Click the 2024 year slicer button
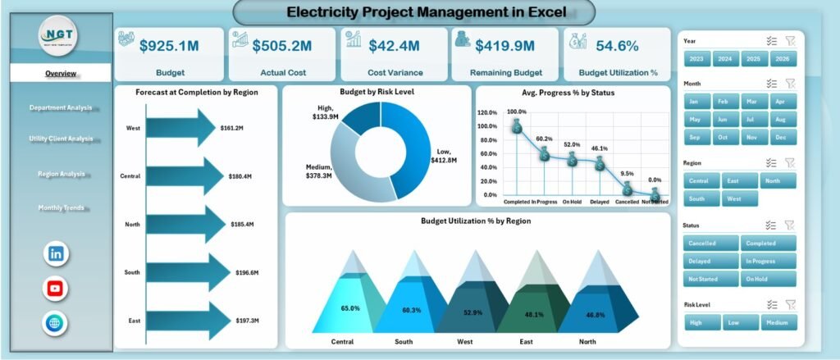tap(724, 59)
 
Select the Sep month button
tap(695, 137)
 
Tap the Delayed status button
tap(710, 261)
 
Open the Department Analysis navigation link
tap(60, 107)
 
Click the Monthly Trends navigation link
tap(60, 208)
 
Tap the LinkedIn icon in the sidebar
tap(56, 253)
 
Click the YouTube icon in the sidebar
tap(56, 289)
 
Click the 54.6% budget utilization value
tap(617, 46)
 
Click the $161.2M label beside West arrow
tap(236, 128)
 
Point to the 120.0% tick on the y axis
tap(486, 112)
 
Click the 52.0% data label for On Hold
tap(572, 144)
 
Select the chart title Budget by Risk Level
tap(377, 93)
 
